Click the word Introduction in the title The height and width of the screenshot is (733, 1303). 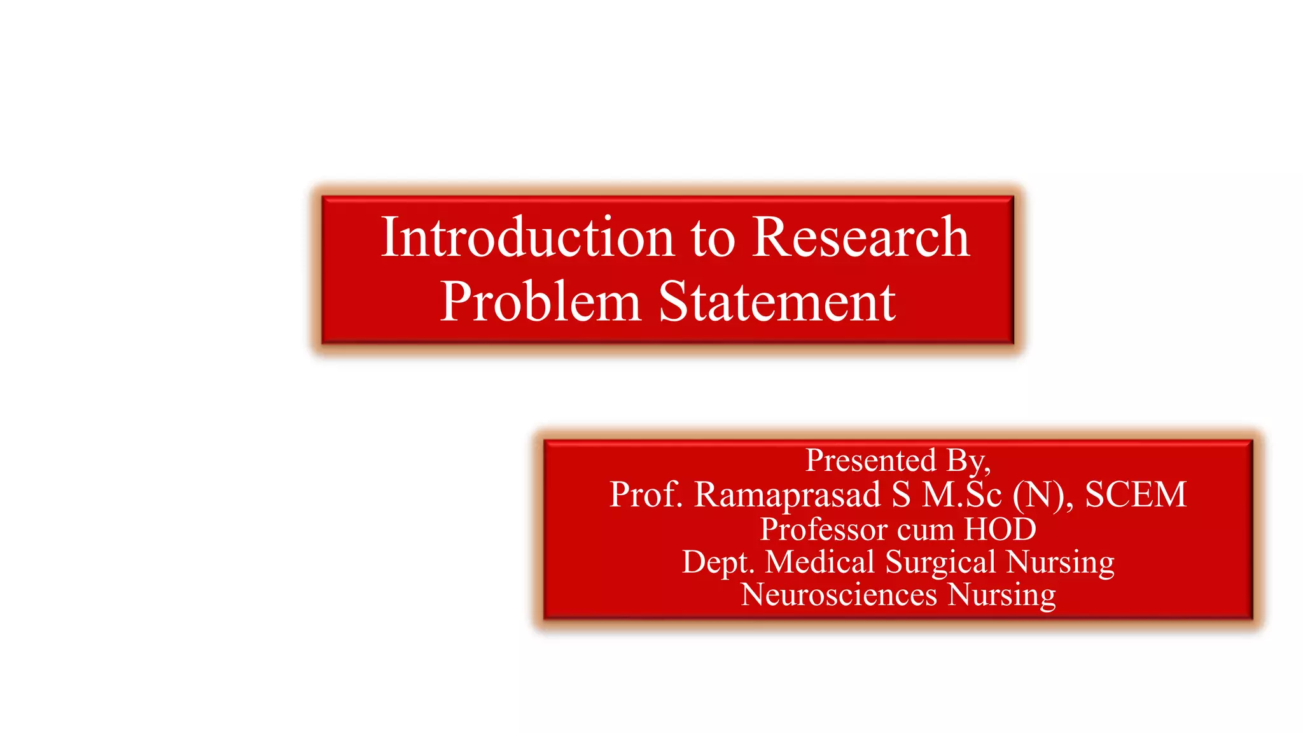527,237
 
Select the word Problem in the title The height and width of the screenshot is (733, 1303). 540,302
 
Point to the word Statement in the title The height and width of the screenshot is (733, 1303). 777,302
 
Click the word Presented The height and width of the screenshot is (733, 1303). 870,460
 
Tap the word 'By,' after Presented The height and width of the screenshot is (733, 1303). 968,461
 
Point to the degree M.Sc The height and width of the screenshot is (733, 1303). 962,494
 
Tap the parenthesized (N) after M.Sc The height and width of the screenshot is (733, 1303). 1038,495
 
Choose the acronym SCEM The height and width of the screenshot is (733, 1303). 1136,494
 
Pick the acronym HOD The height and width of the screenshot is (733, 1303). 1001,529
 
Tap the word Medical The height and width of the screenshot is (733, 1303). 820,562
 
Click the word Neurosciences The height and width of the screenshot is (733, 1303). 839,595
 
